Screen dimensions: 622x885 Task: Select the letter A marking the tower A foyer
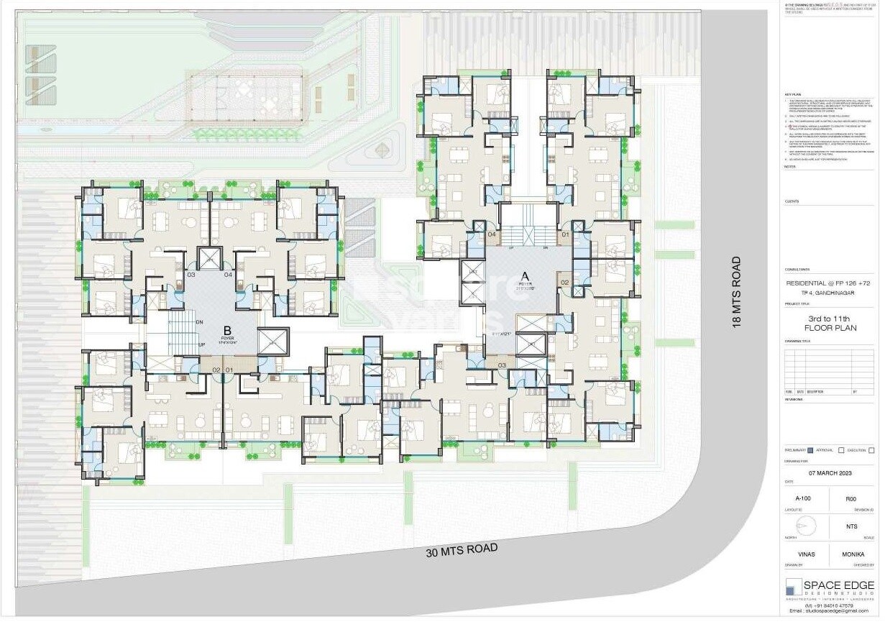pos(525,275)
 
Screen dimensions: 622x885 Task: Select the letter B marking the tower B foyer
pos(226,329)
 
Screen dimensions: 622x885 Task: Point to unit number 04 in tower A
pos(492,234)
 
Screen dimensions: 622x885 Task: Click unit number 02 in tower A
pos(564,283)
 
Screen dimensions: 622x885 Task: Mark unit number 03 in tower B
pos(191,275)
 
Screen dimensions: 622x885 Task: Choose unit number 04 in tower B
pos(228,275)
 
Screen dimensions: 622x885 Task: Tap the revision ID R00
pos(851,498)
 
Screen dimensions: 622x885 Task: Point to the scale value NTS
pos(852,526)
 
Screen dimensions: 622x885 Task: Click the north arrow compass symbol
pos(805,526)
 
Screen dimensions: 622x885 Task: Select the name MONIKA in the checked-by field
pos(852,555)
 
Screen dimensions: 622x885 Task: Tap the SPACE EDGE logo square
pos(793,586)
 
